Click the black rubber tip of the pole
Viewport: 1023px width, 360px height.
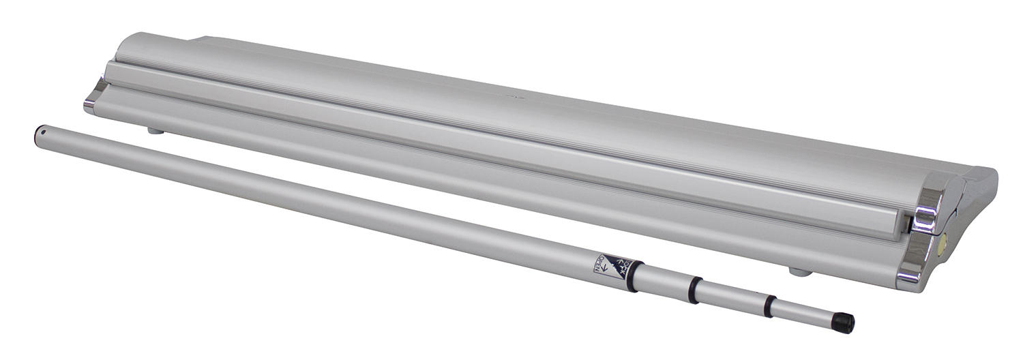tap(846, 322)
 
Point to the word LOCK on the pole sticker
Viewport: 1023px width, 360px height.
tap(618, 267)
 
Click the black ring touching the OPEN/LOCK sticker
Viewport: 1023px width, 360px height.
tap(632, 275)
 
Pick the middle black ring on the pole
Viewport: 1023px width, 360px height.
tap(694, 289)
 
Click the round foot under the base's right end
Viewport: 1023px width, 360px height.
tap(801, 271)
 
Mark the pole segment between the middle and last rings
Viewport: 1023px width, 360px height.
tap(730, 297)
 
